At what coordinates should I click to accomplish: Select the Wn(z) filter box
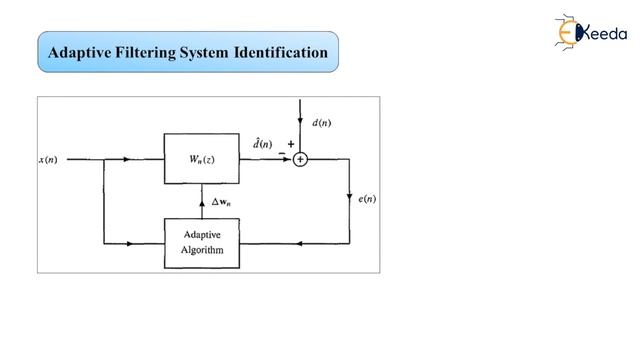pyautogui.click(x=202, y=158)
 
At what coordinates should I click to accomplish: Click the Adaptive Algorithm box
pyautogui.click(x=202, y=243)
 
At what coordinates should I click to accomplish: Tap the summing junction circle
pyautogui.click(x=300, y=158)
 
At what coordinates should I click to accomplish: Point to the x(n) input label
pyautogui.click(x=49, y=159)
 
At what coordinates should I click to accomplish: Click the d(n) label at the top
pyautogui.click(x=322, y=123)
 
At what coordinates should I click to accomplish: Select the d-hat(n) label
pyautogui.click(x=262, y=144)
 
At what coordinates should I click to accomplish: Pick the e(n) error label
pyautogui.click(x=367, y=199)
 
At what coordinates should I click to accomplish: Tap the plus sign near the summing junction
pyautogui.click(x=291, y=144)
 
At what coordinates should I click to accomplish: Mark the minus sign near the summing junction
pyautogui.click(x=281, y=152)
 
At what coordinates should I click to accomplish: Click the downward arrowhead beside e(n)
pyautogui.click(x=350, y=196)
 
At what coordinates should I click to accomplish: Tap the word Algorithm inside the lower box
pyautogui.click(x=202, y=250)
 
